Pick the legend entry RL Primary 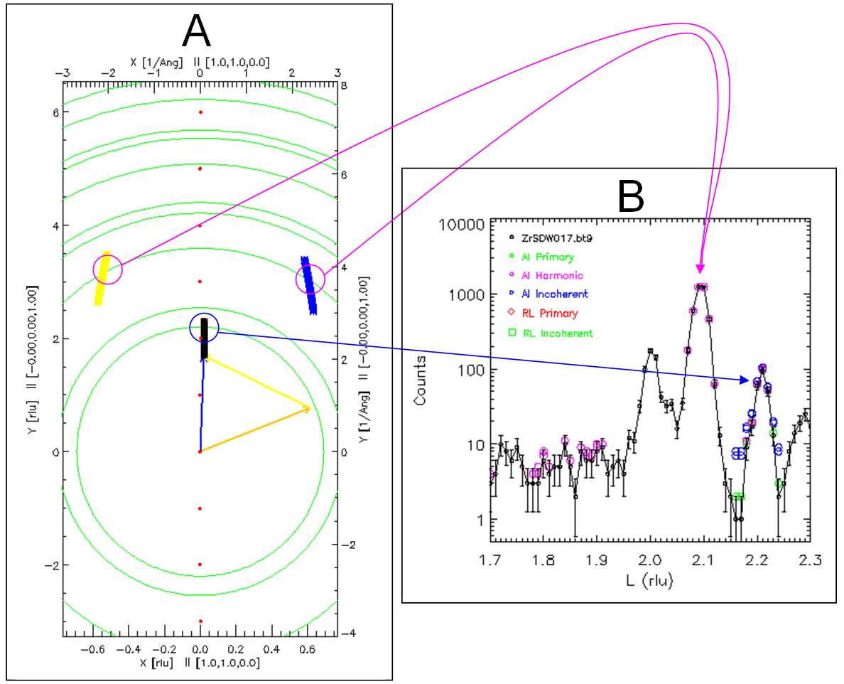click(551, 313)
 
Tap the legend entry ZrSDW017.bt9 click(556, 237)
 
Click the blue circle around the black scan click(205, 327)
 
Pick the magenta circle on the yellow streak click(108, 270)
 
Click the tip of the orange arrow click(311, 408)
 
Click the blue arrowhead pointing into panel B click(748, 380)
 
